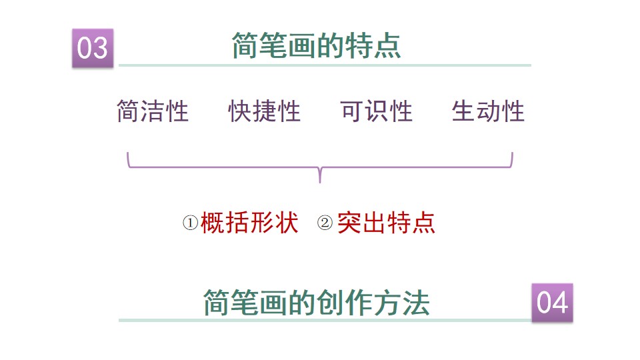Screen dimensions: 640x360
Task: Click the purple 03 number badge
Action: (x=93, y=48)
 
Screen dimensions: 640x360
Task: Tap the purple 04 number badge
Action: (x=552, y=303)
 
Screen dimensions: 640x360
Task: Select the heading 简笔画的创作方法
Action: (x=316, y=303)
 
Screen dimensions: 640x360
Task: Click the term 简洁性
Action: (x=153, y=111)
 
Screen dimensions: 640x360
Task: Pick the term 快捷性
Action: (x=265, y=111)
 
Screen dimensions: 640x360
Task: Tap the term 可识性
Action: (x=377, y=111)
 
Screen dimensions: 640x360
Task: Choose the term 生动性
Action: (x=489, y=111)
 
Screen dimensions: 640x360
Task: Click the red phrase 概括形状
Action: (x=249, y=223)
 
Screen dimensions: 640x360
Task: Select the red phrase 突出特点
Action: (x=386, y=223)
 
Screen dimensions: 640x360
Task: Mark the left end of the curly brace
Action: (x=127, y=155)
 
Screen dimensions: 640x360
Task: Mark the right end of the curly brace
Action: (x=512, y=155)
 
